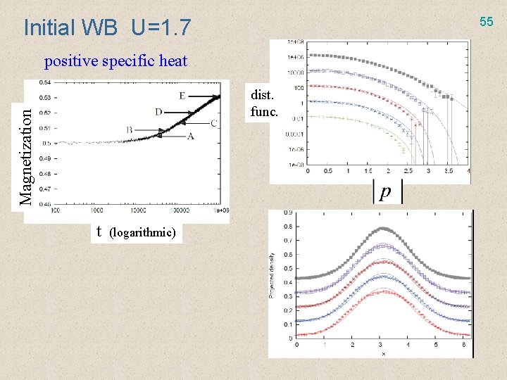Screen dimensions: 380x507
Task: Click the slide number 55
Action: [487, 22]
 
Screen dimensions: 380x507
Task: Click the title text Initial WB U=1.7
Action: [107, 27]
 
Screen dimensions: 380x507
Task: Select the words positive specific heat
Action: [116, 61]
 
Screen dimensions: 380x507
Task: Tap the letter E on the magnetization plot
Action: [182, 96]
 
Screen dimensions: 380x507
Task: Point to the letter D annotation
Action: [158, 112]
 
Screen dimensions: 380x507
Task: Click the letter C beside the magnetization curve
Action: [213, 124]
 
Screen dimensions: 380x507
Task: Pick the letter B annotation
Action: [130, 129]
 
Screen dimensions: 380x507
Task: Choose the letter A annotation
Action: [190, 137]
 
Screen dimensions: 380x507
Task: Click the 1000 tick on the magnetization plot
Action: [96, 210]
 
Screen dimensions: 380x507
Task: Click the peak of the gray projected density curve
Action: [383, 228]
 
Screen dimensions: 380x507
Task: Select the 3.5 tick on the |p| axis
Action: [449, 171]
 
